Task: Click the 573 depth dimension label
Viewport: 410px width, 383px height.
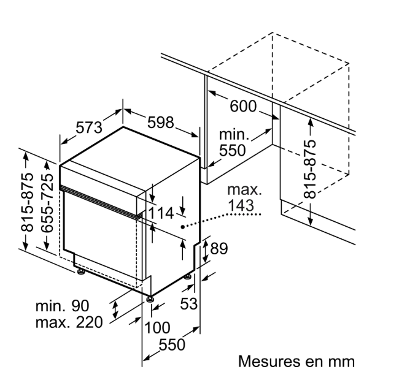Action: [88, 129]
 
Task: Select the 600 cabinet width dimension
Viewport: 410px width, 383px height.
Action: [244, 106]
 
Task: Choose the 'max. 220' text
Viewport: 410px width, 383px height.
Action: [68, 322]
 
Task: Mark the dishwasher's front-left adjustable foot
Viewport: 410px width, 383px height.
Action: [80, 271]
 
